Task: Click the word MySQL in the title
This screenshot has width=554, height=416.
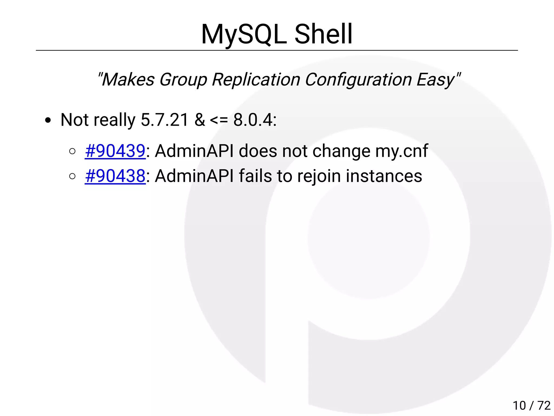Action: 244,35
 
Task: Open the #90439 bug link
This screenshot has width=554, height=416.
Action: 115,151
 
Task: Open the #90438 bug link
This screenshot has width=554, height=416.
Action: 115,176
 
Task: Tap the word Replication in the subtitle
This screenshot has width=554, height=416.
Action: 256,80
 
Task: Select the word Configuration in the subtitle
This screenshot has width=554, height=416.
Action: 358,80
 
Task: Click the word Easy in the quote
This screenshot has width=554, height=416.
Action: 436,80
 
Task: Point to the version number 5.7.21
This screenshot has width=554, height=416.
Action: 164,120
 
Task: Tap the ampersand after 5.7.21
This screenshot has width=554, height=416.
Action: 200,120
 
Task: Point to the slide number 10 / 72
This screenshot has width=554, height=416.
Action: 531,405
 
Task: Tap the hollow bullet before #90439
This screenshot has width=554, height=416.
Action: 72,151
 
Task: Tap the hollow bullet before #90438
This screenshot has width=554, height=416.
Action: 72,176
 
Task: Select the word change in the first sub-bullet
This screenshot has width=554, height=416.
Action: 341,151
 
